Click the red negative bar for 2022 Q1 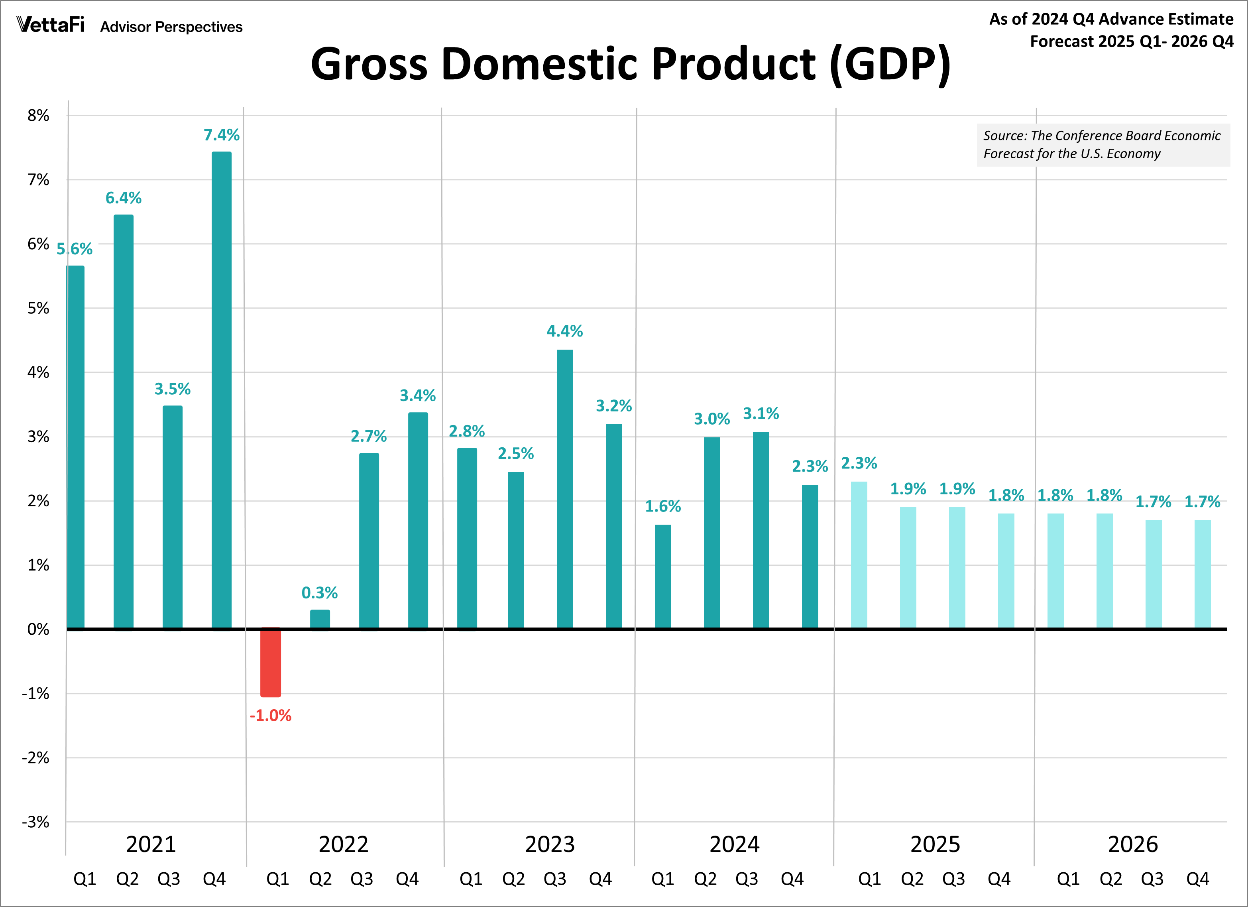(270, 662)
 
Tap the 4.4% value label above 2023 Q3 (564, 331)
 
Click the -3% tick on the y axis (36, 822)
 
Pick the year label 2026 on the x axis (1132, 844)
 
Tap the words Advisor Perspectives (171, 27)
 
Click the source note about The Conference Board (1102, 145)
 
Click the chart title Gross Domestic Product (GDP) (630, 64)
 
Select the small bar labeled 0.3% (320, 619)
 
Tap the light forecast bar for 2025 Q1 (859, 555)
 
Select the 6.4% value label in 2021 (123, 198)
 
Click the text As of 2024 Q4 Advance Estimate (1111, 19)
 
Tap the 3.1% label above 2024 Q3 (761, 413)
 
